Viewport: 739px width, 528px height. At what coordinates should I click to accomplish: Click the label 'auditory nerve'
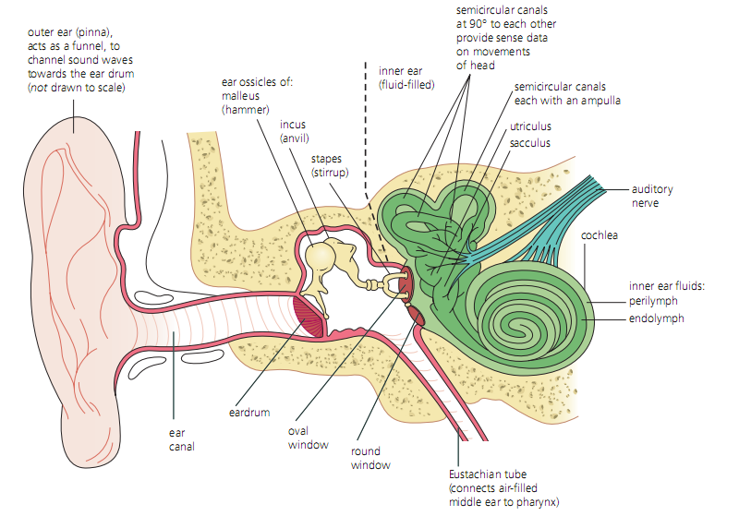coord(651,196)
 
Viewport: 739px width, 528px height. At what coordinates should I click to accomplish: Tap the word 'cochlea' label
coord(600,235)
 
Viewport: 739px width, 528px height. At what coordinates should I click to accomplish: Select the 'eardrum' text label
coord(249,413)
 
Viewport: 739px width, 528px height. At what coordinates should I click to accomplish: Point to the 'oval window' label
coord(309,438)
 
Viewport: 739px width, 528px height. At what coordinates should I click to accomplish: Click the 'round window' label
coord(370,459)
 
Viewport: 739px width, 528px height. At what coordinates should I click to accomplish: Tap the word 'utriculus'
coord(530,126)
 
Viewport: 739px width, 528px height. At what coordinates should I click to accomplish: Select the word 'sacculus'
coord(530,143)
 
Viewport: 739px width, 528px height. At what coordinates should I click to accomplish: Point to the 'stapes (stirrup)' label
coord(328,165)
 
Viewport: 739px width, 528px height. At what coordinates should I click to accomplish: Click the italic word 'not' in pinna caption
coord(40,88)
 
